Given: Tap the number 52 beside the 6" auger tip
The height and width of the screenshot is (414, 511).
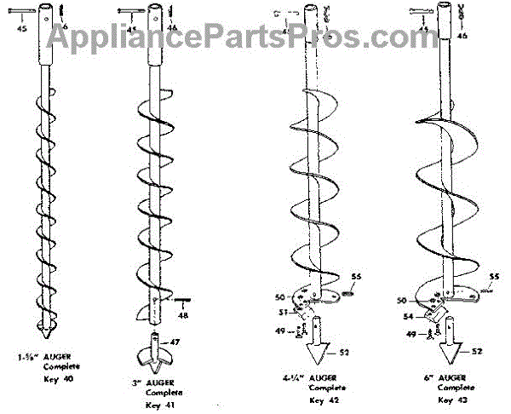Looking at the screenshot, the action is pyautogui.click(x=478, y=351).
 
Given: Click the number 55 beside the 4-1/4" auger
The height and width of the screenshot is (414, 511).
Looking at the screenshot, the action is pyautogui.click(x=357, y=278).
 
